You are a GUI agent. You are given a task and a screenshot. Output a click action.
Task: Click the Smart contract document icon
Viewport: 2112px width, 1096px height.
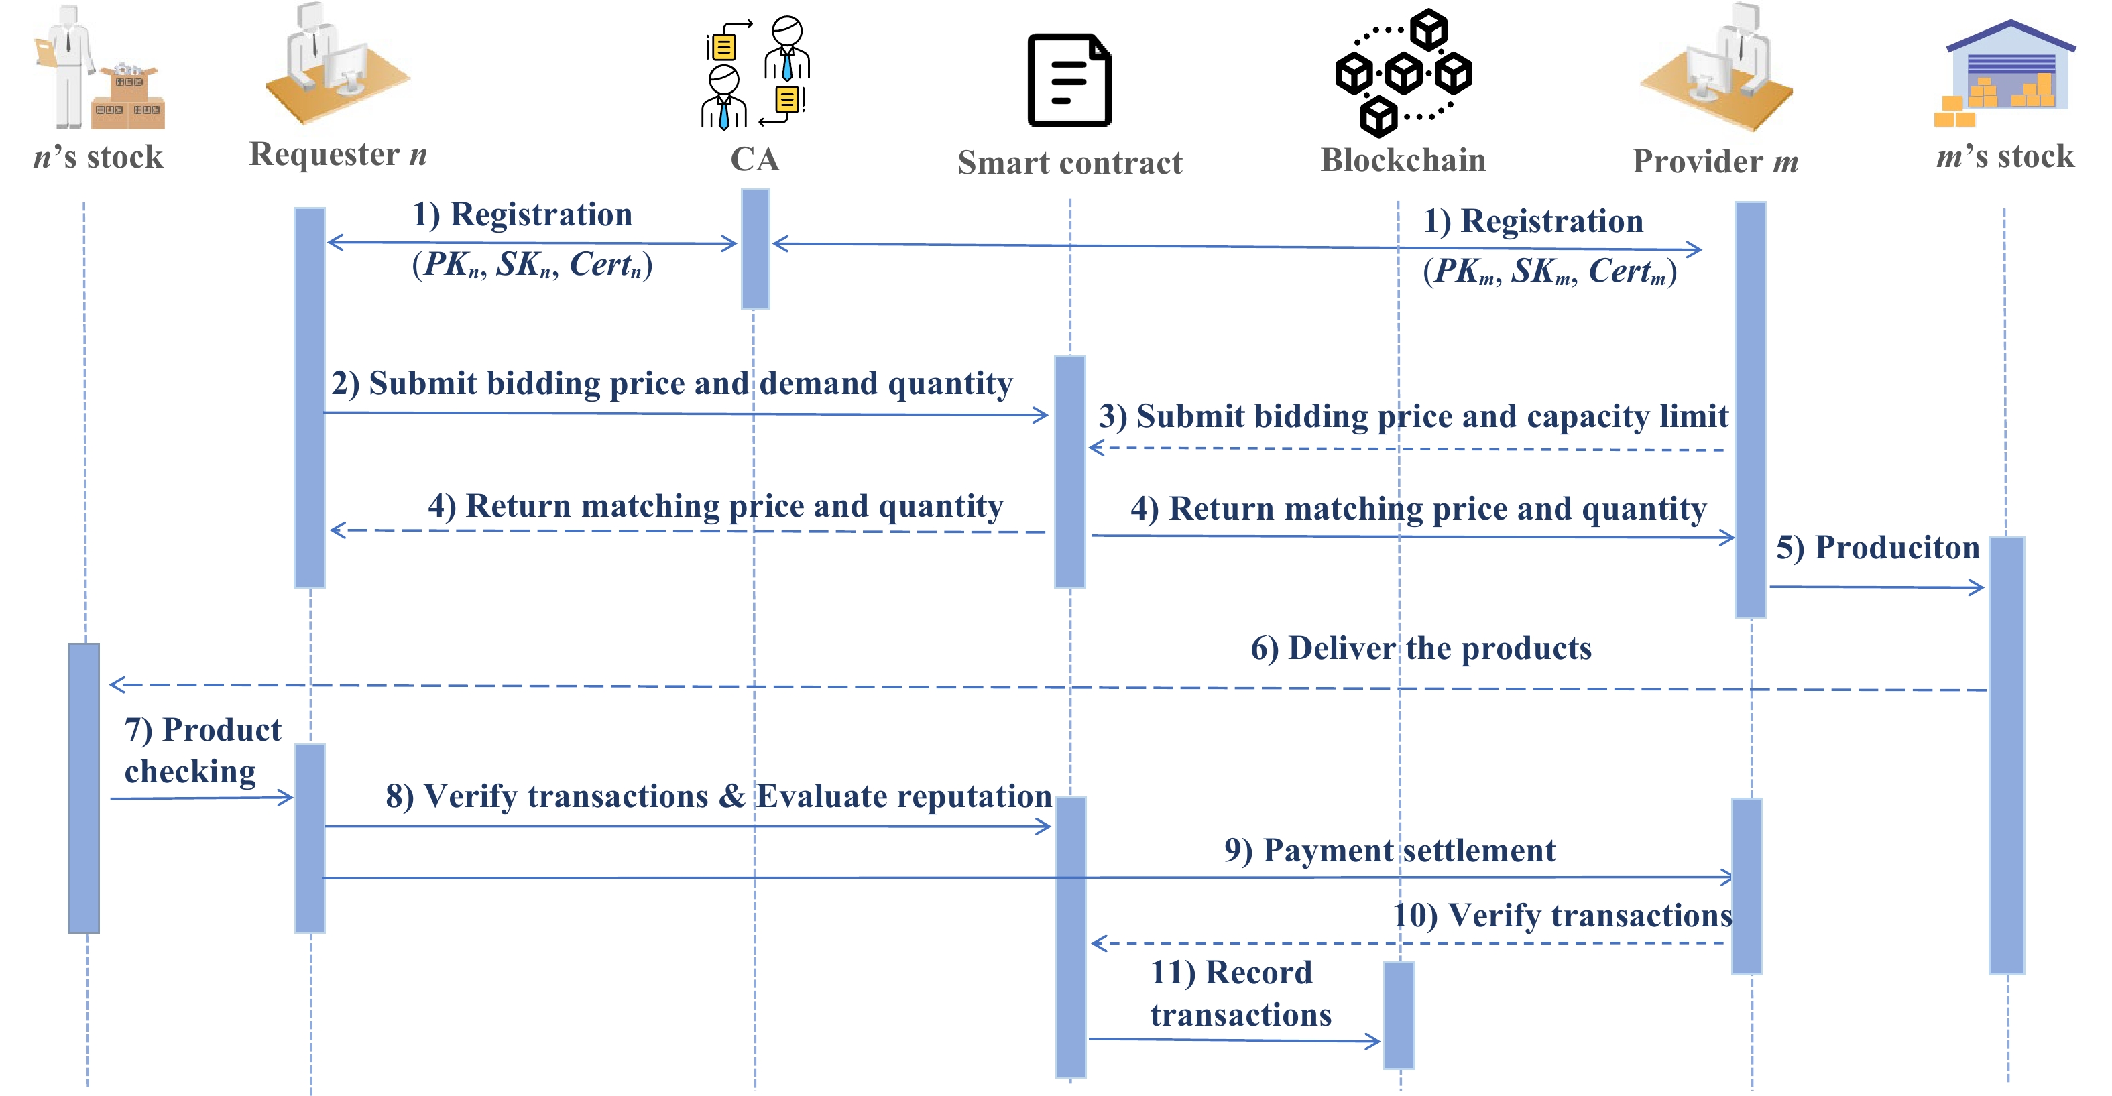point(1069,80)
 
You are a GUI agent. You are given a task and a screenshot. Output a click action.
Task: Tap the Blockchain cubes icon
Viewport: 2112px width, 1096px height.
point(1403,73)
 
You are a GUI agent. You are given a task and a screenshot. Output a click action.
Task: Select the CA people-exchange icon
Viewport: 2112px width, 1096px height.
point(755,72)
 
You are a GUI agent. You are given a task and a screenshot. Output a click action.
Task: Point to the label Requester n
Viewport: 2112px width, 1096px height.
point(338,154)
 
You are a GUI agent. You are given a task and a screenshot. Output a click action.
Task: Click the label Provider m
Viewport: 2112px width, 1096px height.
point(1715,161)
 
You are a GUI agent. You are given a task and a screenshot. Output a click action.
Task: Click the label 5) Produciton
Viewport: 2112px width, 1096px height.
point(1877,548)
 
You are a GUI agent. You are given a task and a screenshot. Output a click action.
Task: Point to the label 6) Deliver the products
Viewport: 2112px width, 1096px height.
point(1421,648)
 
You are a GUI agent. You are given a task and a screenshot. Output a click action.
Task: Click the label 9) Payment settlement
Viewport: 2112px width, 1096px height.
point(1390,851)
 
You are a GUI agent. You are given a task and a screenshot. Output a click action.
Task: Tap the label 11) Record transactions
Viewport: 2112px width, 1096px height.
point(1240,993)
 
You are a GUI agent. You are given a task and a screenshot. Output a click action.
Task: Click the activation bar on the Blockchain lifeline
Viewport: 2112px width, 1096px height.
point(1399,1015)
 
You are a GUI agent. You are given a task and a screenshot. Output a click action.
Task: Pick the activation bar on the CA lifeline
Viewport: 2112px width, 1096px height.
point(755,249)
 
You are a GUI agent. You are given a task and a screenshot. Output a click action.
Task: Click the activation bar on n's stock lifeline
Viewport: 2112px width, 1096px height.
point(84,787)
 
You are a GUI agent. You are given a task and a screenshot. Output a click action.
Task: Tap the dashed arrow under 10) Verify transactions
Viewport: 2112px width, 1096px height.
point(1407,944)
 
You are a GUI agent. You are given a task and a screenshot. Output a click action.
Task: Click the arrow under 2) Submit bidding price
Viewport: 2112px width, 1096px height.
point(685,414)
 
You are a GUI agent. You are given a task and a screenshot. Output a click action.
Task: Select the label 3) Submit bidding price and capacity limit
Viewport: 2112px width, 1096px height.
point(1413,416)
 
